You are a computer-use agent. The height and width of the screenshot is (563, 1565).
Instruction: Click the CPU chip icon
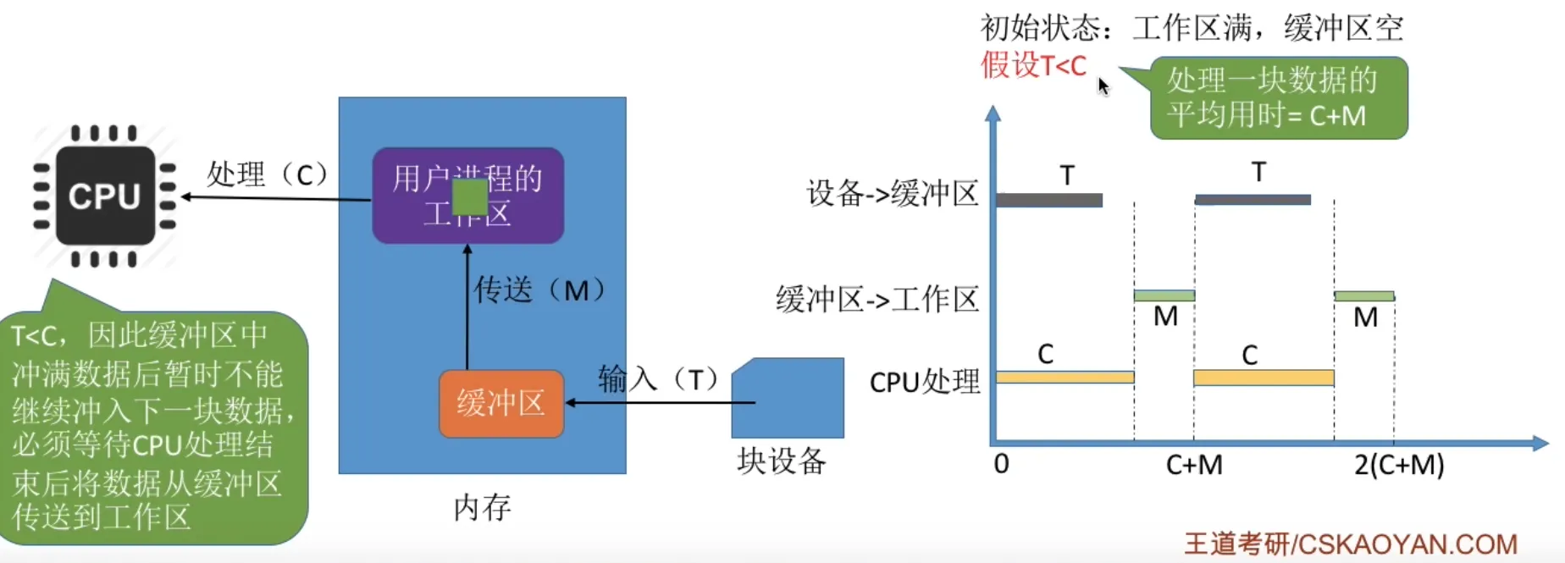(x=105, y=196)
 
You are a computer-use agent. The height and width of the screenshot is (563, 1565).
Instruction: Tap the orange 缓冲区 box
(x=501, y=404)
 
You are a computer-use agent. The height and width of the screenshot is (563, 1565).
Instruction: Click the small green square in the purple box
(x=469, y=197)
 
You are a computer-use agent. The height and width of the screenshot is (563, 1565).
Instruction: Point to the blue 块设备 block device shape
(x=788, y=398)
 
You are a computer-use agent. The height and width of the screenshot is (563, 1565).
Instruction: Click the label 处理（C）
(x=267, y=174)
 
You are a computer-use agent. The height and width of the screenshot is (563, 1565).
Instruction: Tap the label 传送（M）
(x=539, y=290)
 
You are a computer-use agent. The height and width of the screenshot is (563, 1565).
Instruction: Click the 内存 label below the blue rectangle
(x=482, y=508)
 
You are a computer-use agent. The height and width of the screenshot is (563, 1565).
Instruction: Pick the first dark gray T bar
(x=1049, y=201)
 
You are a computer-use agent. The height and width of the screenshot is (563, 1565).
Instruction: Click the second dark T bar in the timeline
(x=1253, y=200)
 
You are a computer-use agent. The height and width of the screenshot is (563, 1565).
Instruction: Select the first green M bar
(x=1164, y=295)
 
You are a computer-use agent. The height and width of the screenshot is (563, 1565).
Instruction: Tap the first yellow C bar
(x=1065, y=377)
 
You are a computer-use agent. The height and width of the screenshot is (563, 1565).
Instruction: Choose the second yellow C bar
(x=1264, y=378)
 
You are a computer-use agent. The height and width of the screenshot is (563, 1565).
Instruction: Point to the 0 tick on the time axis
(x=1001, y=464)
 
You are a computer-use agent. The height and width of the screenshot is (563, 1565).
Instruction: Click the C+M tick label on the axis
(x=1194, y=465)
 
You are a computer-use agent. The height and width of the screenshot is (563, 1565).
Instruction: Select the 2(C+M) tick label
(x=1399, y=465)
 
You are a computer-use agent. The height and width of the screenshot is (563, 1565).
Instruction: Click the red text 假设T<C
(x=1033, y=65)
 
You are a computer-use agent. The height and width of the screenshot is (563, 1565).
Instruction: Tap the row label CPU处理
(x=925, y=382)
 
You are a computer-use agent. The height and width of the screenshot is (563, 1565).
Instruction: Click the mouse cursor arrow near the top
(x=1103, y=86)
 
